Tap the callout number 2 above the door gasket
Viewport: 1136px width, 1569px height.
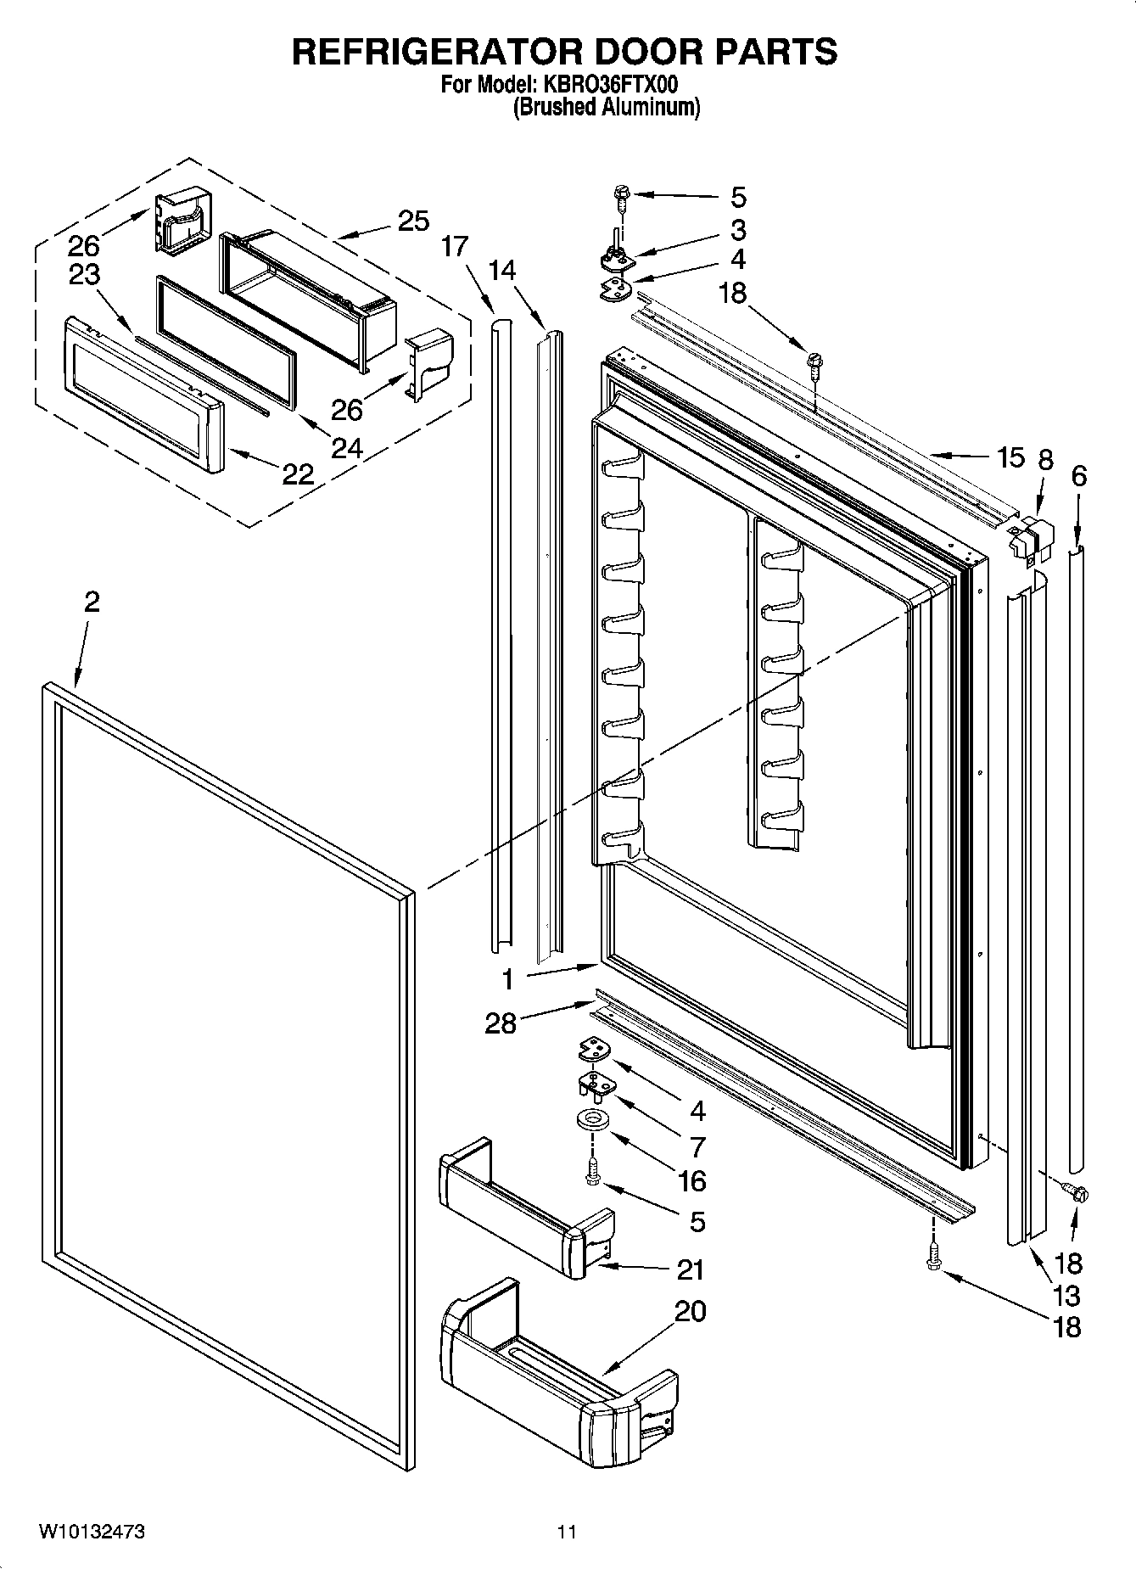tap(92, 602)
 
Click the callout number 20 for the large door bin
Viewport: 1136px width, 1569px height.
tap(690, 1311)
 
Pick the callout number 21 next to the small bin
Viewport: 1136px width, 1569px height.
tap(691, 1270)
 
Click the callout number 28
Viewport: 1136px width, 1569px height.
tap(501, 1023)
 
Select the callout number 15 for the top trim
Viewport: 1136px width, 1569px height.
tap(1010, 458)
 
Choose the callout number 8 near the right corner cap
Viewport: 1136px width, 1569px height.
tap(1045, 460)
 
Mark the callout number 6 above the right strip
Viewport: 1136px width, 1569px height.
tap(1078, 476)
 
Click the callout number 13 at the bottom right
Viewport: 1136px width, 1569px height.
tap(1066, 1296)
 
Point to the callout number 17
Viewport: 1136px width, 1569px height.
tap(455, 247)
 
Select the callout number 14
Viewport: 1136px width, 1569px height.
tap(502, 270)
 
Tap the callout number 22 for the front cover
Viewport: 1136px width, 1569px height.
tap(298, 474)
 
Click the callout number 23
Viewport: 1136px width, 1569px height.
tap(86, 275)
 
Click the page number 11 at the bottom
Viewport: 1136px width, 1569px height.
tap(567, 1532)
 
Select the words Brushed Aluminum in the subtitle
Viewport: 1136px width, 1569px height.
tap(607, 108)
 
